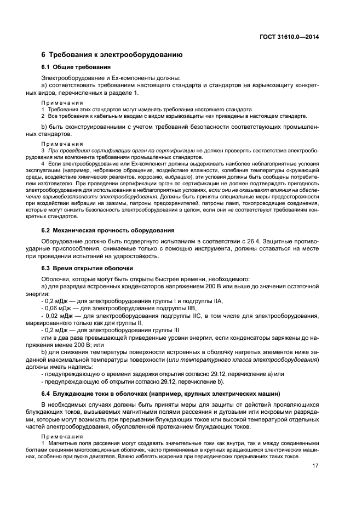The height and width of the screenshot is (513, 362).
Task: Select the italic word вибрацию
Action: tap(180, 178)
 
